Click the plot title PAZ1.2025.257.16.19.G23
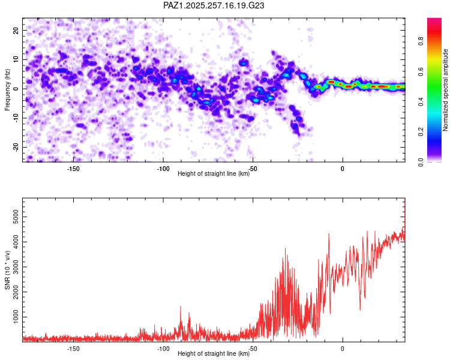[x=214, y=5]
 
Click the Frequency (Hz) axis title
[x=7, y=90]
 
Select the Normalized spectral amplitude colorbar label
[x=445, y=90]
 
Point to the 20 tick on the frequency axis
[x=16, y=30]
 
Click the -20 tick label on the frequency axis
[x=16, y=147]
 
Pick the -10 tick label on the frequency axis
[x=16, y=118]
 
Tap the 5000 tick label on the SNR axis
[x=16, y=217]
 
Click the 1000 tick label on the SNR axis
[x=16, y=317]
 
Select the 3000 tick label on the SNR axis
[x=16, y=267]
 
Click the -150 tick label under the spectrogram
[x=73, y=169]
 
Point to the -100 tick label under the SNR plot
[x=163, y=349]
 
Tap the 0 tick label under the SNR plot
[x=343, y=349]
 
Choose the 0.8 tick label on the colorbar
[x=421, y=41]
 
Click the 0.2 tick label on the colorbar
[x=421, y=131]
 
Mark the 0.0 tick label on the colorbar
[x=421, y=162]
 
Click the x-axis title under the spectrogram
[x=214, y=173]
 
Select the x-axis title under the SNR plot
[x=214, y=353]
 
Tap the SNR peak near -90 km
[x=181, y=307]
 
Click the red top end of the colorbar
[x=434, y=19]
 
